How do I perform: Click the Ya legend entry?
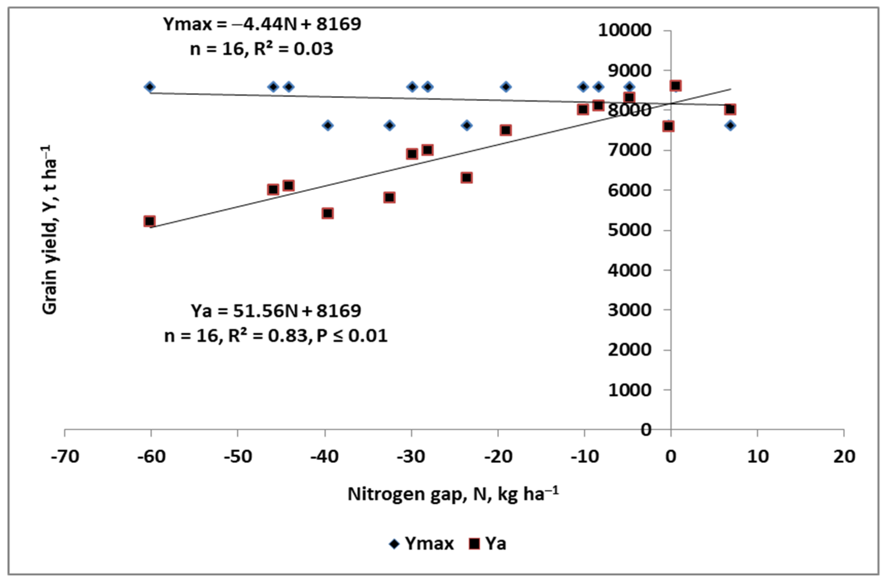pos(488,544)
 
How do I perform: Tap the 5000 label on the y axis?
pos(629,230)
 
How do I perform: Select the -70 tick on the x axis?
pos(65,456)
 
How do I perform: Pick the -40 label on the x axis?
pos(325,456)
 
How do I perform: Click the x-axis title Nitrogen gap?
pos(453,495)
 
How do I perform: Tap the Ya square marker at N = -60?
pos(149,221)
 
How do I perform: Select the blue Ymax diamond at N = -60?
pos(150,87)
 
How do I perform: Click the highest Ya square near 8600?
pos(675,86)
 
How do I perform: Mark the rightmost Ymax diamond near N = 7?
pos(730,125)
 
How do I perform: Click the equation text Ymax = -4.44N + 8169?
pos(262,25)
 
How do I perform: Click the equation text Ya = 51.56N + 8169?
pos(275,311)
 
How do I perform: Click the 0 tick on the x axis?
pos(671,456)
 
